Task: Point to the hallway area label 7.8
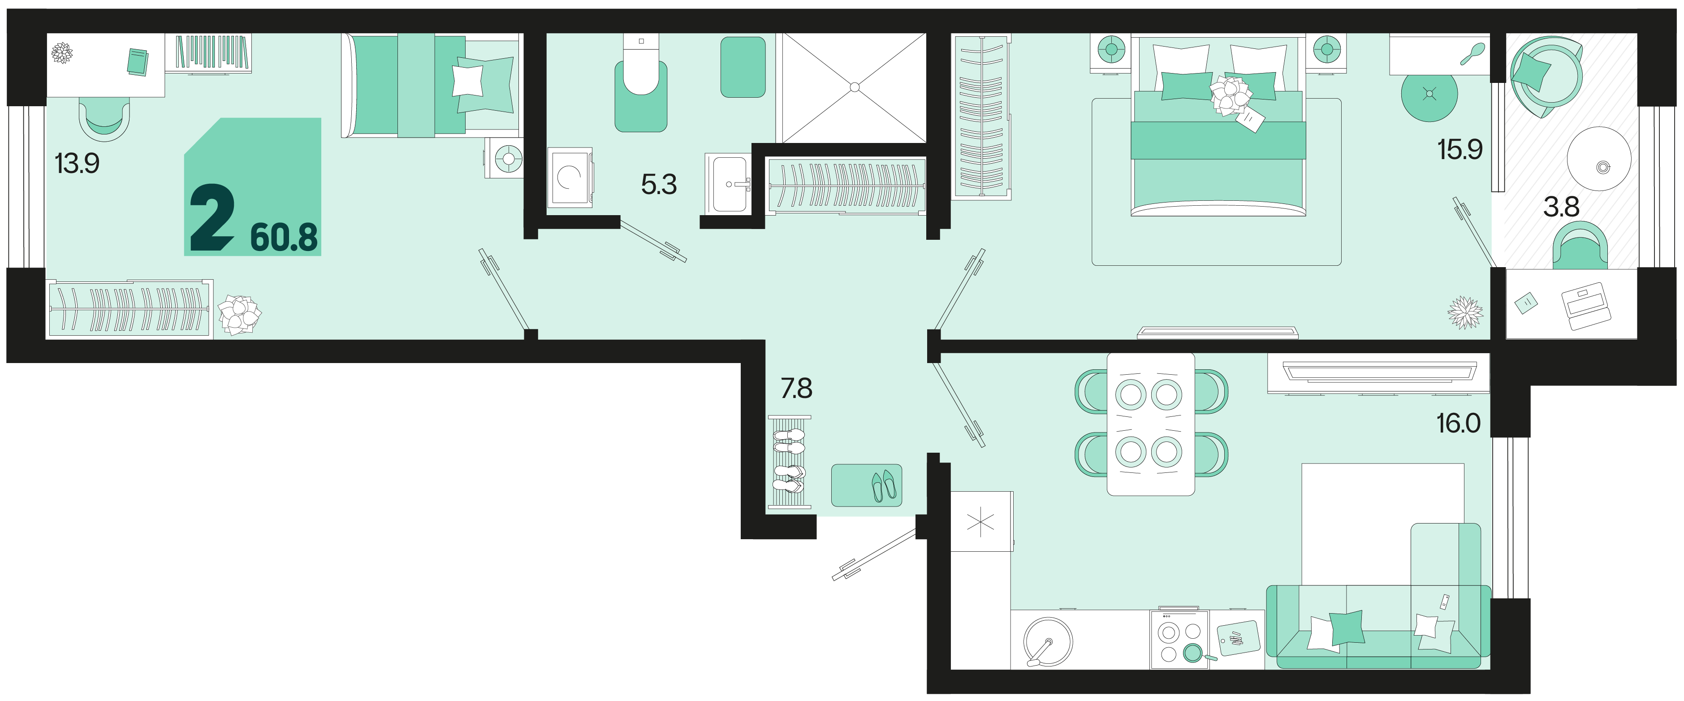click(x=796, y=389)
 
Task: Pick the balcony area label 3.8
click(x=1561, y=207)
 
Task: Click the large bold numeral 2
click(x=212, y=217)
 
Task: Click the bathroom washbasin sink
click(x=728, y=184)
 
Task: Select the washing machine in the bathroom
click(x=570, y=177)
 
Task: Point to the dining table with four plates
click(x=1151, y=424)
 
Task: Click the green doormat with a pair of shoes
click(x=866, y=485)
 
